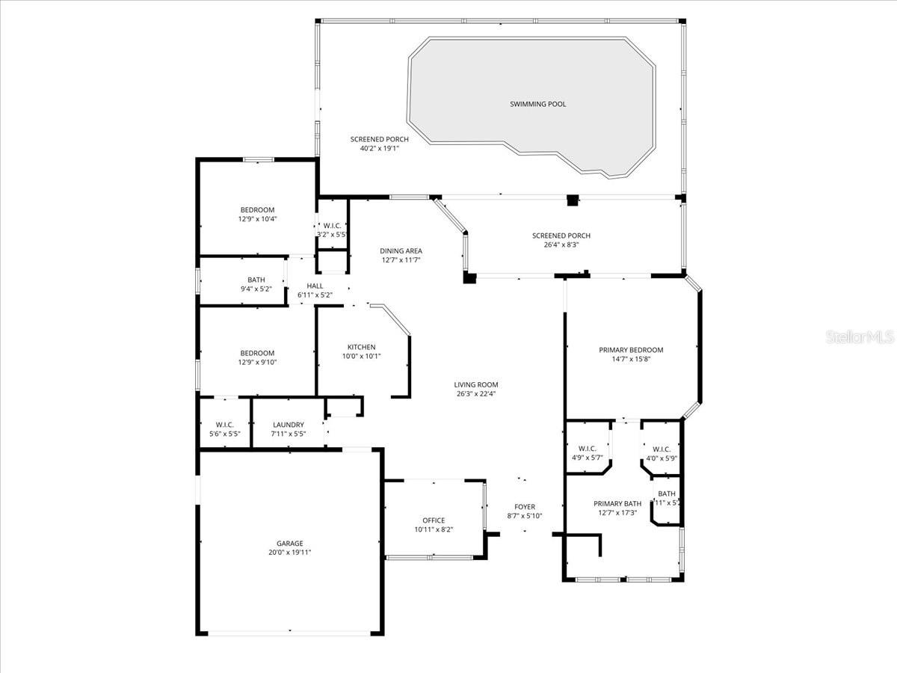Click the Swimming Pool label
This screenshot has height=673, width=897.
click(537, 104)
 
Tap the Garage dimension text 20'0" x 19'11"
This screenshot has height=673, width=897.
click(289, 553)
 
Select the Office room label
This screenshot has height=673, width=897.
click(434, 520)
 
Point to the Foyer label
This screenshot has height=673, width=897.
click(524, 507)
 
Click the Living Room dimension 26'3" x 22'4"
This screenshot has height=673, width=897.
click(475, 394)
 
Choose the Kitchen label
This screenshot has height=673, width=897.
click(361, 347)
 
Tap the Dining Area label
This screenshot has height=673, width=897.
click(401, 251)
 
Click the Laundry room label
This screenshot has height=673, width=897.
click(288, 425)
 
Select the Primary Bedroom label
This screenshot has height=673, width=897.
click(631, 350)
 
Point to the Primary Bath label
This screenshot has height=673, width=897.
click(617, 504)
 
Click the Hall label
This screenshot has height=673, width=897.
click(315, 286)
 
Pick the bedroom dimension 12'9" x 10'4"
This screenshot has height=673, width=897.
click(257, 219)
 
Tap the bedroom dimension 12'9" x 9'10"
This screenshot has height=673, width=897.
click(257, 363)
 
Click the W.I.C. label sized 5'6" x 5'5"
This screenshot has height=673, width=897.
click(225, 425)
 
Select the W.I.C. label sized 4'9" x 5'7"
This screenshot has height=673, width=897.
click(587, 449)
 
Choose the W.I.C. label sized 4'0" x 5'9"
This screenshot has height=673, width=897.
click(662, 449)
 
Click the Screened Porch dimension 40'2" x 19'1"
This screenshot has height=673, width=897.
click(380, 148)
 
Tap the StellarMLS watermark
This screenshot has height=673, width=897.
click(860, 338)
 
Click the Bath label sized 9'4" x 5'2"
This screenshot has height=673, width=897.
click(256, 280)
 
